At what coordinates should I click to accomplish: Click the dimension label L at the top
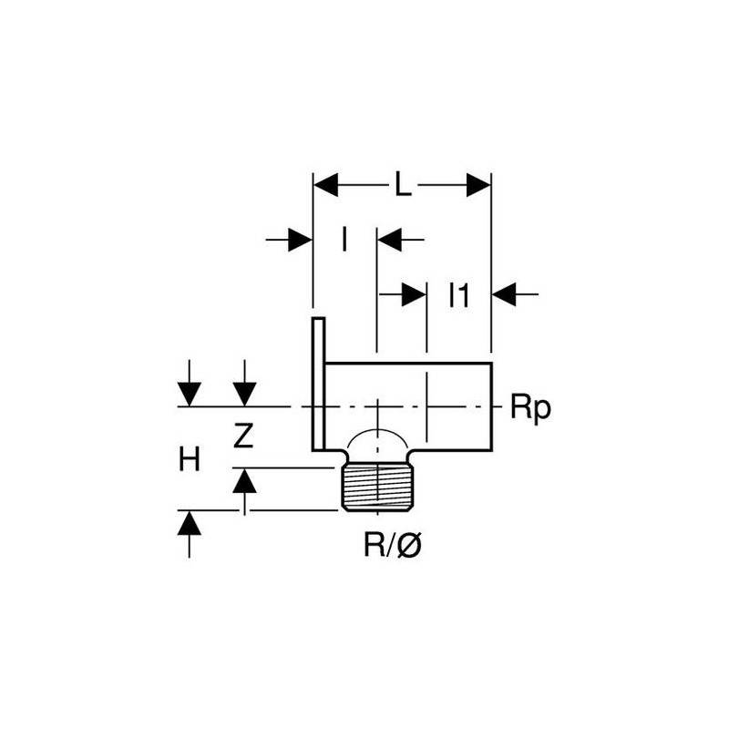[x=403, y=184]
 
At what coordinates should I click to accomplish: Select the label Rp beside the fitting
[x=530, y=408]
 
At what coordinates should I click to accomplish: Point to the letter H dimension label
[x=190, y=459]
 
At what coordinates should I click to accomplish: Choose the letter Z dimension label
[x=243, y=436]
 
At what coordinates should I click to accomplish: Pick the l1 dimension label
[x=459, y=295]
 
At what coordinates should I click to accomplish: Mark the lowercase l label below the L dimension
[x=344, y=240]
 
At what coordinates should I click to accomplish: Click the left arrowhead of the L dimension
[x=325, y=185]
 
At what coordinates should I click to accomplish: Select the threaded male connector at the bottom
[x=377, y=488]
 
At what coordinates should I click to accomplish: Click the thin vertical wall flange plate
[x=318, y=384]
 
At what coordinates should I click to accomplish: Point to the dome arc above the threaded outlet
[x=377, y=431]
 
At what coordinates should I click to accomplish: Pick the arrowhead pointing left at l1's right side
[x=504, y=293]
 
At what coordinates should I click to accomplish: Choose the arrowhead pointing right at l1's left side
[x=415, y=293]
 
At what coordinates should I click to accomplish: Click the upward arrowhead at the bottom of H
[x=190, y=522]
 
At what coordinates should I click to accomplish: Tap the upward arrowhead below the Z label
[x=244, y=480]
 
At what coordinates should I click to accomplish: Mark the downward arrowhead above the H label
[x=190, y=395]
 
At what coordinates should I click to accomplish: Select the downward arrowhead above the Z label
[x=244, y=395]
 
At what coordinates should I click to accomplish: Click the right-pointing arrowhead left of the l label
[x=300, y=240]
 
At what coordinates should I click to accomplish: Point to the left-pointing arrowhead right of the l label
[x=390, y=240]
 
